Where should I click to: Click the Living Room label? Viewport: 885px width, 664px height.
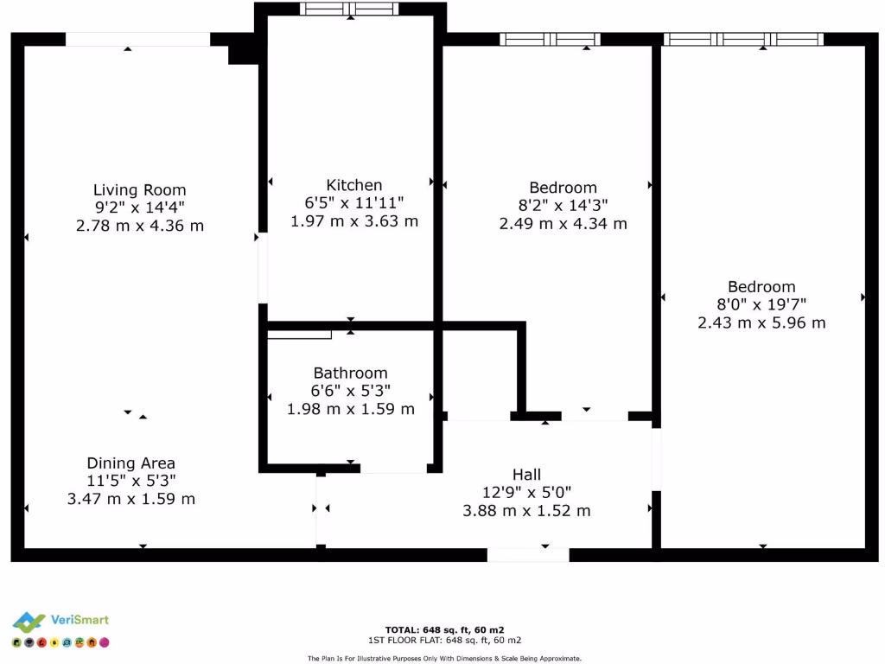click(139, 190)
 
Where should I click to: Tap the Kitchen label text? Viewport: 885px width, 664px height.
click(353, 185)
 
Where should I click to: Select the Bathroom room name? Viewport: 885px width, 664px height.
click(350, 373)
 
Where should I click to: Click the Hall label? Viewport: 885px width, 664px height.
click(526, 475)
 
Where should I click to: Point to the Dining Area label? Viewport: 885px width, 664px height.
click(131, 463)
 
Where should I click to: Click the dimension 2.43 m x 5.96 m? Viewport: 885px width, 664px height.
click(761, 322)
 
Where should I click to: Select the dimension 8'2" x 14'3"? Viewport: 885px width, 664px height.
click(563, 206)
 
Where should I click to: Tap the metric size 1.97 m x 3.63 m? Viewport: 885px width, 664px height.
click(353, 220)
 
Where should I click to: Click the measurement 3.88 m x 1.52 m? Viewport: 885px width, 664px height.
click(526, 510)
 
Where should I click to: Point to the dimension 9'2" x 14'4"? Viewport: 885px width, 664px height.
click(139, 207)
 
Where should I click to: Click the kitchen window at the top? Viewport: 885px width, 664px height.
click(349, 10)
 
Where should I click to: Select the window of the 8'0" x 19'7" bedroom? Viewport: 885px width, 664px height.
click(743, 39)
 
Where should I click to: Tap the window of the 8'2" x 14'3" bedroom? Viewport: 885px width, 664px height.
click(550, 39)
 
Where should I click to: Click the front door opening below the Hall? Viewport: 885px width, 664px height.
click(528, 555)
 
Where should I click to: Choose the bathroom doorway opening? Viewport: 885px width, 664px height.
click(393, 468)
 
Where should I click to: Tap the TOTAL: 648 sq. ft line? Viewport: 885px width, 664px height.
click(444, 629)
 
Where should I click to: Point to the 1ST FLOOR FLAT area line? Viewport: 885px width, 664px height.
click(444, 640)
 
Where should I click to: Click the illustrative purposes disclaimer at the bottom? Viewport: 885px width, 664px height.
click(444, 658)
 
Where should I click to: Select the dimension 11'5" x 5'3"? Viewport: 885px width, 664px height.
click(131, 481)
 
